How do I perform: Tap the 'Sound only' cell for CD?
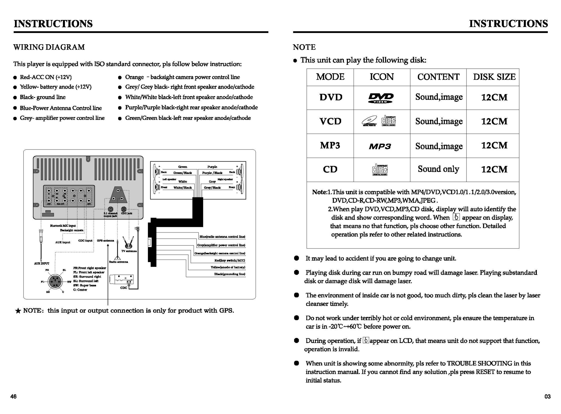pyautogui.click(x=438, y=169)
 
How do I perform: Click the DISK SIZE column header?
pyautogui.click(x=494, y=77)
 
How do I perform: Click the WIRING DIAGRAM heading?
pyautogui.click(x=49, y=47)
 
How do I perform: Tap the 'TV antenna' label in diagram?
pyautogui.click(x=129, y=251)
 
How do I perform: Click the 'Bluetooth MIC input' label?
pyautogui.click(x=63, y=226)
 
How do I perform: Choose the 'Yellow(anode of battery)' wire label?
pyautogui.click(x=228, y=267)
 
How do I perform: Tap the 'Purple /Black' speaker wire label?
pyautogui.click(x=212, y=173)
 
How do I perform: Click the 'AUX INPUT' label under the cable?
pyautogui.click(x=41, y=263)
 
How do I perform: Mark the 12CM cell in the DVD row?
pyautogui.click(x=494, y=97)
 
